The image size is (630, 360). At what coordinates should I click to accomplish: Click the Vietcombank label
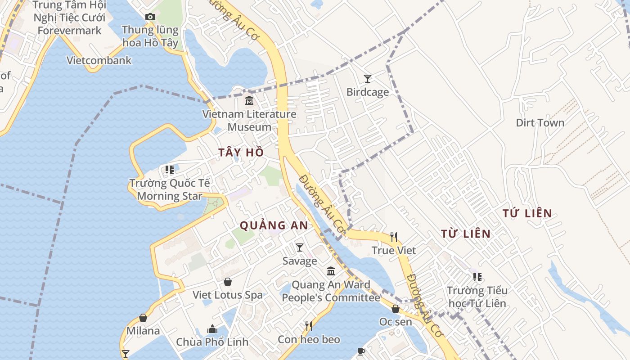point(99,60)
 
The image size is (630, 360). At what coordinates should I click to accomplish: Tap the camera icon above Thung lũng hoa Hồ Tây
point(150,17)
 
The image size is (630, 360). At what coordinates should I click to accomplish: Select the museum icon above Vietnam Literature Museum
point(249,100)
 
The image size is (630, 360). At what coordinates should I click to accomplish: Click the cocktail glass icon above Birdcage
point(368,79)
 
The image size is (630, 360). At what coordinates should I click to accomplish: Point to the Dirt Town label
point(540,122)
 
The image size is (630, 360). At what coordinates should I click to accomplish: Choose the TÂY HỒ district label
point(241,153)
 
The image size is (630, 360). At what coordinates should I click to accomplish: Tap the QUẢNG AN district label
point(274,225)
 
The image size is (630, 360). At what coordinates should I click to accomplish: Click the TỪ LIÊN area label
point(466,234)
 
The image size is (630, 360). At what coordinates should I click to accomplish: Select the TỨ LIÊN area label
point(527,213)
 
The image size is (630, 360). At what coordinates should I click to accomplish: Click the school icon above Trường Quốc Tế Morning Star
point(170,170)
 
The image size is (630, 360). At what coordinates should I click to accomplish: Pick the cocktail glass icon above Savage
point(300,247)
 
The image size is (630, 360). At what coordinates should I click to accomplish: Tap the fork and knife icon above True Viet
point(394,237)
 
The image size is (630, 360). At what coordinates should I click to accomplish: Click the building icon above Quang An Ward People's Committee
point(331,271)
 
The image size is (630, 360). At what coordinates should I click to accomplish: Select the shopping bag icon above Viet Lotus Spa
point(228,282)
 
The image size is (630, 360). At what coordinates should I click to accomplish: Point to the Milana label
point(143,331)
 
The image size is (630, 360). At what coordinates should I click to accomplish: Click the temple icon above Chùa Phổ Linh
point(212,329)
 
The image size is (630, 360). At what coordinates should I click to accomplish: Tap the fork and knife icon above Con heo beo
point(309,326)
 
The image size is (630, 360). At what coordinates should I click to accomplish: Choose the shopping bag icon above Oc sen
point(396,309)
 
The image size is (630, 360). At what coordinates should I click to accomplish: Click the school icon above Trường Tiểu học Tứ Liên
point(477,277)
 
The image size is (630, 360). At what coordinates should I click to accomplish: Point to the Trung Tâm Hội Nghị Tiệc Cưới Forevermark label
point(70,18)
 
